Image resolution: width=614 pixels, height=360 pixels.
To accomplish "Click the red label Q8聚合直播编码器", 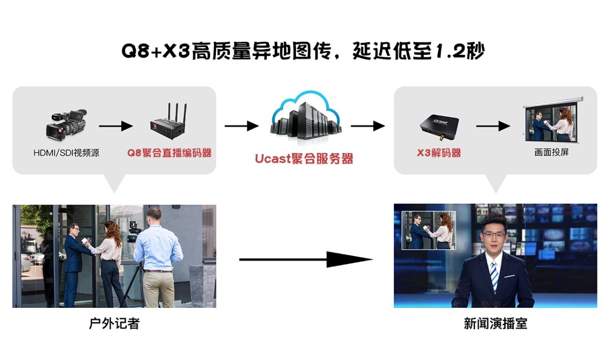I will pos(169,153).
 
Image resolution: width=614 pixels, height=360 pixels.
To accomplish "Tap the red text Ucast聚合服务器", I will pos(304,158).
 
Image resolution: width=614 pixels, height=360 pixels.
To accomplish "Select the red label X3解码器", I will pos(438,153).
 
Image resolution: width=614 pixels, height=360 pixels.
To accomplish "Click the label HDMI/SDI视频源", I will pos(66,153).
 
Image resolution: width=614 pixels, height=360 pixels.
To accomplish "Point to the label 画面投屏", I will pos(552,153).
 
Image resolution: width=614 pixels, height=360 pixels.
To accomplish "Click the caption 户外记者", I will pos(114,324).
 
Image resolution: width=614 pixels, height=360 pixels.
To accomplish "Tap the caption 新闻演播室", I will pos(495,324).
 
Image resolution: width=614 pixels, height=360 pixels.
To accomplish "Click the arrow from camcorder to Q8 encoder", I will pos(116,126).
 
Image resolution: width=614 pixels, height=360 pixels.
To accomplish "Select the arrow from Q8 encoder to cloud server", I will pos(241,126).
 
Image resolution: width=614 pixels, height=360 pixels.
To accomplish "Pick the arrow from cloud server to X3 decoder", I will pos(368,126).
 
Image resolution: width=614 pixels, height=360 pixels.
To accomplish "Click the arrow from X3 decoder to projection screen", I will pos(493,126).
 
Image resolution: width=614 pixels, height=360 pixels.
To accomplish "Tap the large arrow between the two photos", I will pos(306,259).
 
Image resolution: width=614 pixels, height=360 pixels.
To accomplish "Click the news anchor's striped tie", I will pos(494,276).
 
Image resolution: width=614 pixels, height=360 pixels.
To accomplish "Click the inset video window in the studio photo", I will pos(429,230).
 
